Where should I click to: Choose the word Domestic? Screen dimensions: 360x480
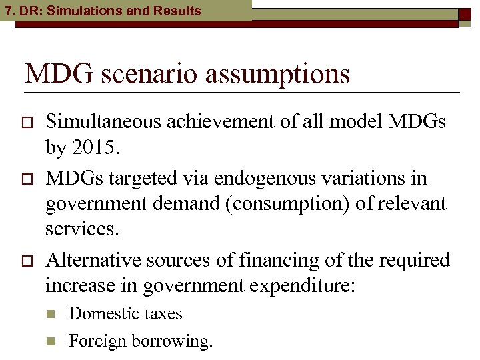pyautogui.click(x=102, y=313)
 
